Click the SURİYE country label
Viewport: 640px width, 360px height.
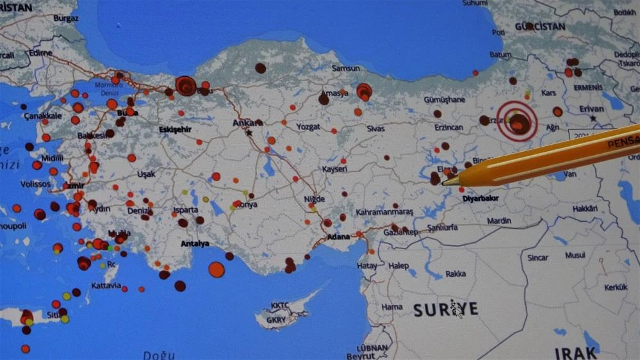(x=446, y=310)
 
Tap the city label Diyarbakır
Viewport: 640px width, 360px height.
(x=480, y=199)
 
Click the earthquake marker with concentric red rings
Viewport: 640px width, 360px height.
(x=517, y=120)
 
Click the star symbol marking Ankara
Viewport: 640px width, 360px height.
(x=249, y=133)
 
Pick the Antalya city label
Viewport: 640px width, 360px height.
(x=195, y=243)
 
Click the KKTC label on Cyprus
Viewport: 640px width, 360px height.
(x=280, y=306)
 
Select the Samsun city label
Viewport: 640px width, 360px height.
(x=346, y=69)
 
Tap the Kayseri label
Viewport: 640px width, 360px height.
(x=334, y=169)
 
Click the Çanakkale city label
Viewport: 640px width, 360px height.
(x=42, y=116)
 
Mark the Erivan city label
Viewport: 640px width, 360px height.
(x=591, y=109)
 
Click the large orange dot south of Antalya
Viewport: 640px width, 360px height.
(x=217, y=270)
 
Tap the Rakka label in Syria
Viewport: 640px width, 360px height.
(x=455, y=274)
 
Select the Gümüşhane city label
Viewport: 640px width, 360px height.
(x=445, y=100)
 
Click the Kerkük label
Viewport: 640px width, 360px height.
(x=616, y=288)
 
